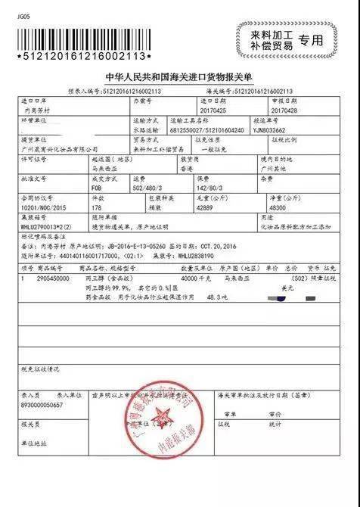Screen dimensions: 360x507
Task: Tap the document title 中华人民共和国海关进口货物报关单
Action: (180, 77)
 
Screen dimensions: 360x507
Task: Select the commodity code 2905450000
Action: (62, 278)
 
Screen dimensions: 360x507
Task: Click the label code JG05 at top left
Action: (25, 7)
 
